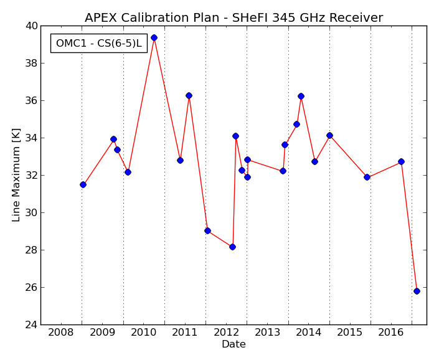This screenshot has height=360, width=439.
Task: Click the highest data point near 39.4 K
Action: click(x=154, y=37)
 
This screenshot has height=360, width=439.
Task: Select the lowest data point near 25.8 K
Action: click(x=417, y=291)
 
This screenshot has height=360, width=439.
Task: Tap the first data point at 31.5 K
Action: click(x=83, y=184)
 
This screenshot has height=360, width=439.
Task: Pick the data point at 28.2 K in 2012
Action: click(x=232, y=247)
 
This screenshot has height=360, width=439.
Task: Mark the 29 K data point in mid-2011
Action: click(x=207, y=230)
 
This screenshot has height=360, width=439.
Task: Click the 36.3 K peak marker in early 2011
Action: click(x=189, y=95)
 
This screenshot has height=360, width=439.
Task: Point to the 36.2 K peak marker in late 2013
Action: click(x=301, y=96)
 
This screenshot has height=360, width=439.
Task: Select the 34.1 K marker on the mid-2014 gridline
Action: click(x=329, y=136)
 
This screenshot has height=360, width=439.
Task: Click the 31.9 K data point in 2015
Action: click(x=367, y=177)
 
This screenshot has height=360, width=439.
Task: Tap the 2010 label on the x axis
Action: click(x=143, y=333)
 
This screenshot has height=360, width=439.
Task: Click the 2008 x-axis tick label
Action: click(x=60, y=333)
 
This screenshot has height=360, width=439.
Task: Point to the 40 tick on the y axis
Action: click(x=31, y=26)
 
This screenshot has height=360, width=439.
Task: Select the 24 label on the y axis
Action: click(x=31, y=324)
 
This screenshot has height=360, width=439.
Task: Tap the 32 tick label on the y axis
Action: click(x=31, y=175)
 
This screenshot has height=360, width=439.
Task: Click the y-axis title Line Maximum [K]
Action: click(x=16, y=175)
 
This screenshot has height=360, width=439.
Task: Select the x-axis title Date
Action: click(x=234, y=344)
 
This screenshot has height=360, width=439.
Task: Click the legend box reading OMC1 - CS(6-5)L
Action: click(x=99, y=43)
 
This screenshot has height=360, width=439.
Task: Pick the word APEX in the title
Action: click(x=101, y=17)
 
